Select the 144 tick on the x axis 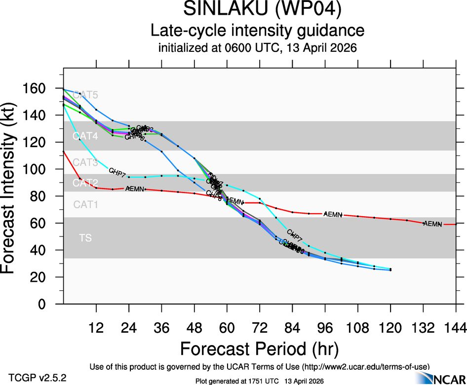456,327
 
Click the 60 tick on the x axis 227,327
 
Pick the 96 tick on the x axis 325,327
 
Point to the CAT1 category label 85,204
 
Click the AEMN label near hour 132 432,224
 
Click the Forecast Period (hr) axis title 259,348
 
